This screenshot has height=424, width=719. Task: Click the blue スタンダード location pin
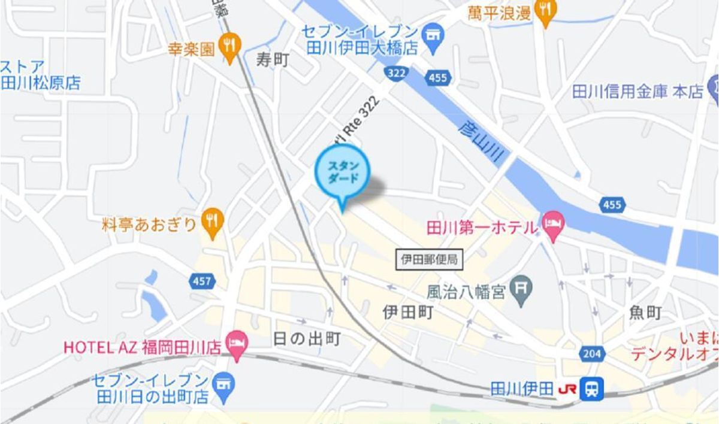point(342,172)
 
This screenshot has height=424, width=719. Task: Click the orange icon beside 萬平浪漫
point(545,11)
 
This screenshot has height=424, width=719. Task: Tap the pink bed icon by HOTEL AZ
point(237,346)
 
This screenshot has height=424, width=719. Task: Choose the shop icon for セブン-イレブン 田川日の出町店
point(225,383)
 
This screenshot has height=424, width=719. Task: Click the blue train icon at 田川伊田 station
point(592,389)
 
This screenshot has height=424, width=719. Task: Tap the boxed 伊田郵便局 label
point(430,259)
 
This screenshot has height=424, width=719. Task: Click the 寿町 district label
point(273,59)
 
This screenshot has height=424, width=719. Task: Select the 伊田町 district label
point(407,312)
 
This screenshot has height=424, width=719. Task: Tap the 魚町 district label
point(645,312)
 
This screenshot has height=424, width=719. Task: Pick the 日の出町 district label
point(307,339)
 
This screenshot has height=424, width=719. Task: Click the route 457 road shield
point(202,280)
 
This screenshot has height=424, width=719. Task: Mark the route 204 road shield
point(591,354)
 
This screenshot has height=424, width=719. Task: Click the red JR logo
point(567,389)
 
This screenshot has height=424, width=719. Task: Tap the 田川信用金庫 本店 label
point(638,92)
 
